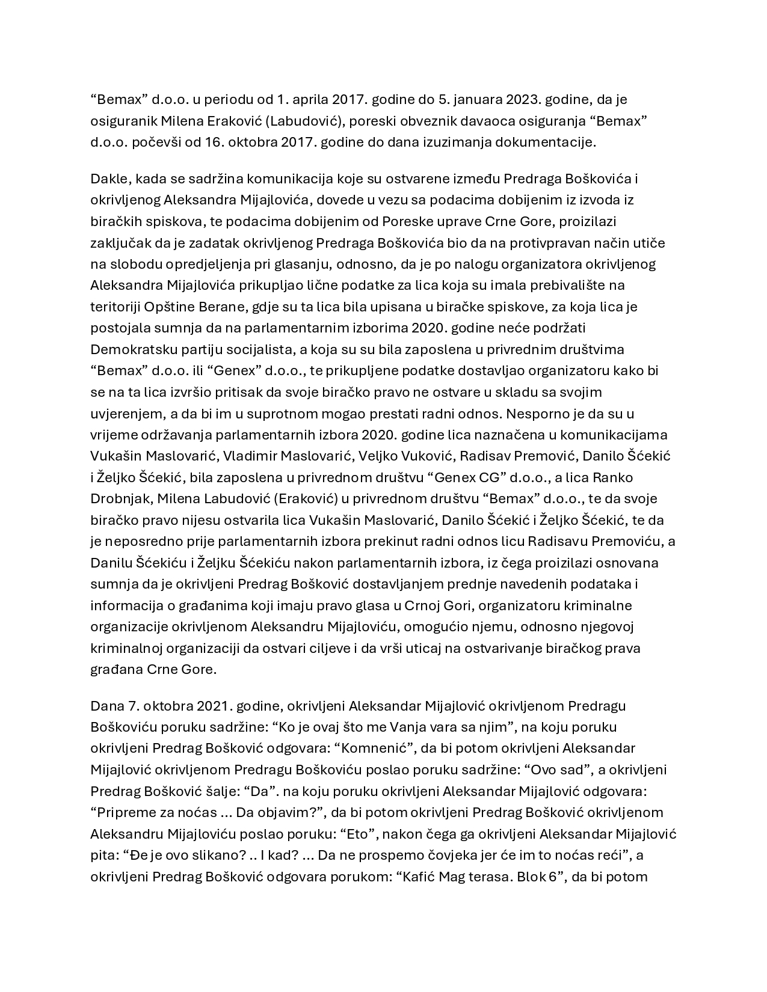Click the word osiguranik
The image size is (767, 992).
[123, 121]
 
